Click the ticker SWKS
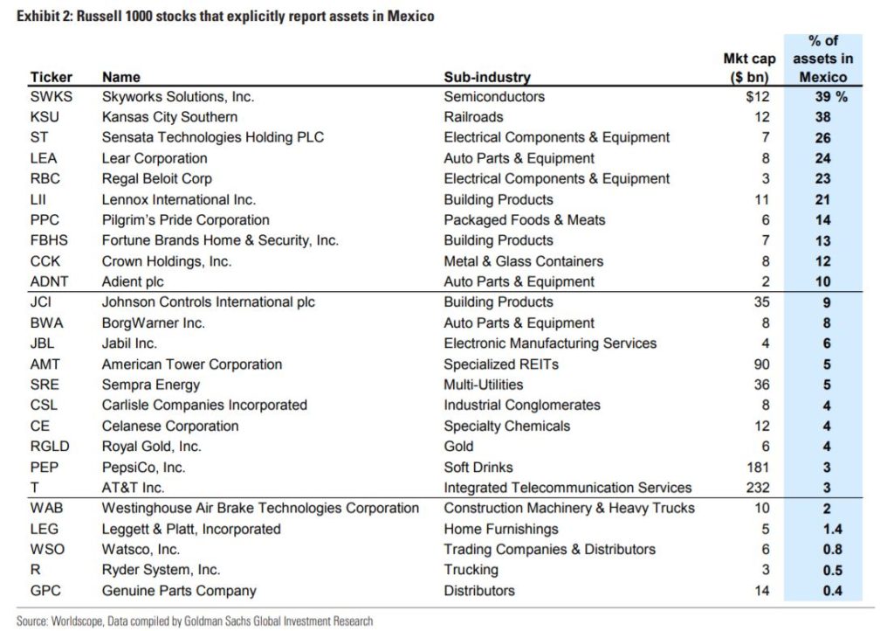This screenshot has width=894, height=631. click(x=52, y=96)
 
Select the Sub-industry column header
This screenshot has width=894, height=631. click(x=487, y=77)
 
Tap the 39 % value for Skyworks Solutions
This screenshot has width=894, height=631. click(x=831, y=96)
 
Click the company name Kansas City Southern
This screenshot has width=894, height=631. click(x=169, y=117)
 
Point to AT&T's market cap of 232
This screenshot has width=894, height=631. click(x=757, y=488)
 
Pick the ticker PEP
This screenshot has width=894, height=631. click(x=45, y=468)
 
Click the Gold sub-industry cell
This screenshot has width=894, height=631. click(x=458, y=446)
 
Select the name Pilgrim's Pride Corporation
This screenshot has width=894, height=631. click(x=185, y=220)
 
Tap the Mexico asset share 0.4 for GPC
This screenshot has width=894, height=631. click(x=832, y=591)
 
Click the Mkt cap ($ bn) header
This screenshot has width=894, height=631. click(x=749, y=67)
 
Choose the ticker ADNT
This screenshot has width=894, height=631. click(x=49, y=281)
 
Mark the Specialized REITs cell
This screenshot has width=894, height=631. click(x=501, y=364)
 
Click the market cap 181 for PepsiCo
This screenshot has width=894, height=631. click(x=758, y=468)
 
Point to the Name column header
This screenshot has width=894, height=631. click(x=120, y=77)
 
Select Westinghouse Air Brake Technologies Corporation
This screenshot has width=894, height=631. click(x=260, y=509)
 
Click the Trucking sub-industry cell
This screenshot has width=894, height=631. click(x=471, y=570)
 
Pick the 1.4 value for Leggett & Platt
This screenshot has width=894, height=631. click(x=832, y=529)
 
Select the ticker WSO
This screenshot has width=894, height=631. click(x=47, y=550)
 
